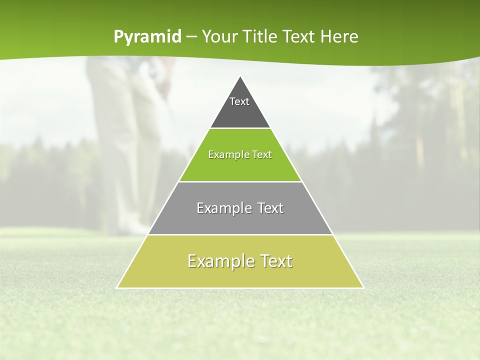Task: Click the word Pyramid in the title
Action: coord(147,37)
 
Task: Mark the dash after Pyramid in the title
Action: coord(191,37)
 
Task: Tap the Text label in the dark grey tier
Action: coord(239,101)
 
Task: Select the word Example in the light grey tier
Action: coord(219,208)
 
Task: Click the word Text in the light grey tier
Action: coord(270,208)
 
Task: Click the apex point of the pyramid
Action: coord(240,76)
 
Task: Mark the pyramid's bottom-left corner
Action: coord(117,287)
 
